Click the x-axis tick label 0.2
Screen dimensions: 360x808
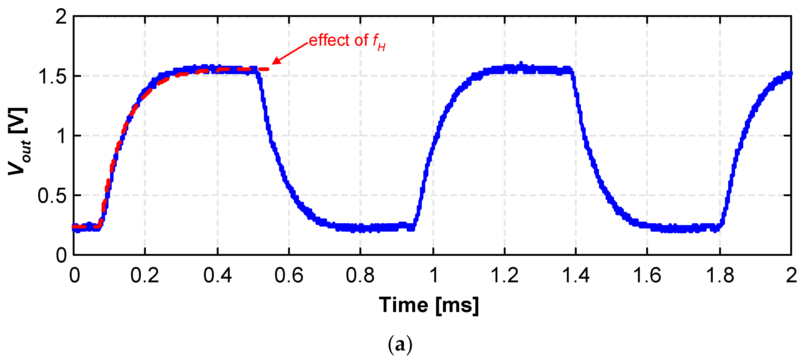click(x=145, y=276)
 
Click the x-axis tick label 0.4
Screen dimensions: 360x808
click(x=217, y=276)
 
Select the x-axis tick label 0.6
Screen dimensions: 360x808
click(x=289, y=276)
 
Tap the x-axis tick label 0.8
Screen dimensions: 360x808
click(x=360, y=276)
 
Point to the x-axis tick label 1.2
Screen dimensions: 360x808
click(x=504, y=276)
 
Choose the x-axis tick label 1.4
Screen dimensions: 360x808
click(x=576, y=276)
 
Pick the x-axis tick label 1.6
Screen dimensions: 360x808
click(x=647, y=276)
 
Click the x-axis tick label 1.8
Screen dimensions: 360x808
click(x=720, y=276)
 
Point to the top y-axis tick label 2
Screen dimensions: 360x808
click(x=61, y=17)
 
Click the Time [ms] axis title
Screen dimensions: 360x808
click(x=429, y=305)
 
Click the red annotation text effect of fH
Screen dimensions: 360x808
click(x=347, y=41)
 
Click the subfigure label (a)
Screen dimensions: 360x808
click(x=400, y=345)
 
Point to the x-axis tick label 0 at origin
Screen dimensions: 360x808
click(x=75, y=276)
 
